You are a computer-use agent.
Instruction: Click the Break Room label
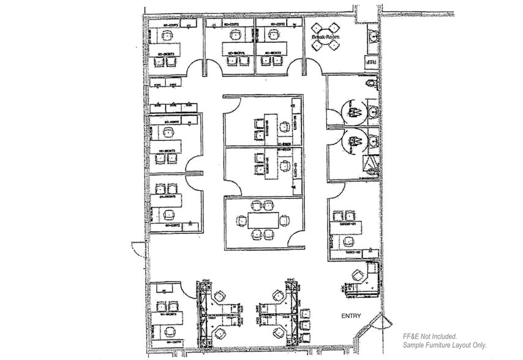(325, 38)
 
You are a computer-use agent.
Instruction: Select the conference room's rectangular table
(263, 220)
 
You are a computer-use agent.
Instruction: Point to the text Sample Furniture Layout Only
(445, 345)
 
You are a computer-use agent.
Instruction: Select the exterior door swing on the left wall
(137, 249)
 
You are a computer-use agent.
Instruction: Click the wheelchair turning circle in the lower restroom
(353, 141)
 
